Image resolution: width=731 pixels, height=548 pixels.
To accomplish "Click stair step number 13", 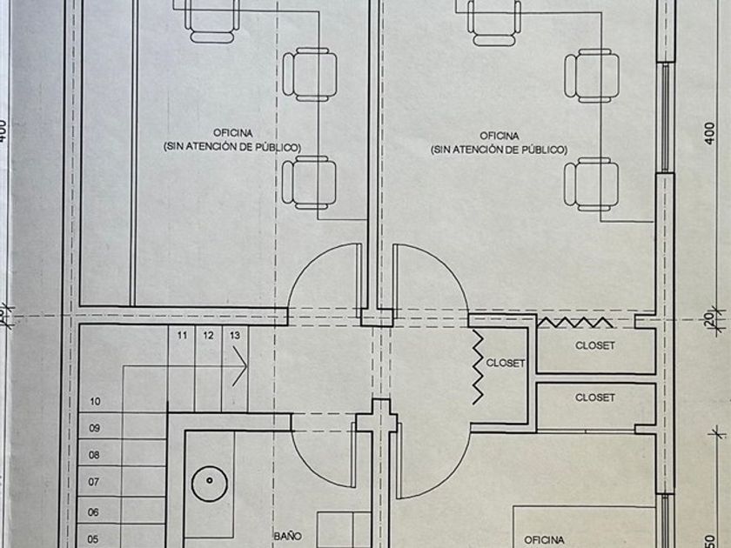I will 235,335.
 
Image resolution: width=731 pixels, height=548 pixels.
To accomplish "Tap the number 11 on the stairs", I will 182,335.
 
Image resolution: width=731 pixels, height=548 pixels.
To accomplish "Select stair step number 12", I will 209,335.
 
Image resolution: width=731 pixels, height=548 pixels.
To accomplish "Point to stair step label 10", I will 95,402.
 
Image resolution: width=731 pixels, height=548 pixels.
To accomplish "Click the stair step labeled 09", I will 95,428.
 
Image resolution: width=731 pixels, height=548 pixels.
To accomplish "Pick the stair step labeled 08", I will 95,454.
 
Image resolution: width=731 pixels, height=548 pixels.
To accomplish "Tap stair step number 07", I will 95,481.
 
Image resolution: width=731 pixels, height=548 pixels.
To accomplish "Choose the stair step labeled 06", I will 95,513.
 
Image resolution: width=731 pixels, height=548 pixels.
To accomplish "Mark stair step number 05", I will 95,539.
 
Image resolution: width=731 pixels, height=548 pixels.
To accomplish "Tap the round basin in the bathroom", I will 209,481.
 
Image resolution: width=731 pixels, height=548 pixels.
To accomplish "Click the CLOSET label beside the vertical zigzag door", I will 505,364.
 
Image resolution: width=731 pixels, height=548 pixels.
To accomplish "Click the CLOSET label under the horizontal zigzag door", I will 595,345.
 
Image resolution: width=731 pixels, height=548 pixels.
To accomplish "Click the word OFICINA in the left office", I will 232,132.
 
